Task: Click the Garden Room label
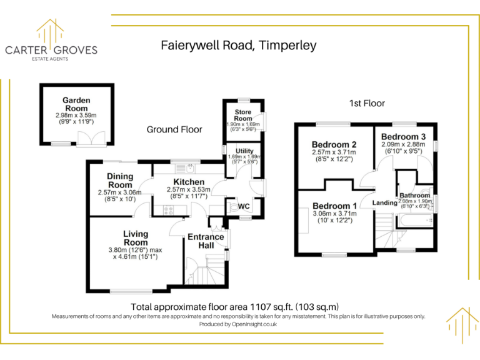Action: click(76, 104)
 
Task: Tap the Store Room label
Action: click(243, 115)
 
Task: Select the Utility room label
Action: click(244, 151)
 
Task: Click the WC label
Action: click(244, 206)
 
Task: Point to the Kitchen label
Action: click(189, 182)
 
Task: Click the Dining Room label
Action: click(120, 181)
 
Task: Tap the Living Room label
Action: click(136, 238)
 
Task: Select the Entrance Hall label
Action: click(206, 241)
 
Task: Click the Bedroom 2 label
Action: click(334, 144)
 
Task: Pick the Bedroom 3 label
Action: click(404, 136)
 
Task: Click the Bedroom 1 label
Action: click(334, 206)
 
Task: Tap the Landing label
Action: click(385, 202)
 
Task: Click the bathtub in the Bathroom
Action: click(415, 220)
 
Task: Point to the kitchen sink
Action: click(185, 168)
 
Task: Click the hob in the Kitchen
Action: click(168, 210)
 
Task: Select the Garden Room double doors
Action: click(91, 139)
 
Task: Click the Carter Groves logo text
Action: click(51, 50)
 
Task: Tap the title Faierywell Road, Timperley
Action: click(239, 45)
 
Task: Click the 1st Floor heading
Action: click(367, 104)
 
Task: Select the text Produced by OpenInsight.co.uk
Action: click(238, 324)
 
